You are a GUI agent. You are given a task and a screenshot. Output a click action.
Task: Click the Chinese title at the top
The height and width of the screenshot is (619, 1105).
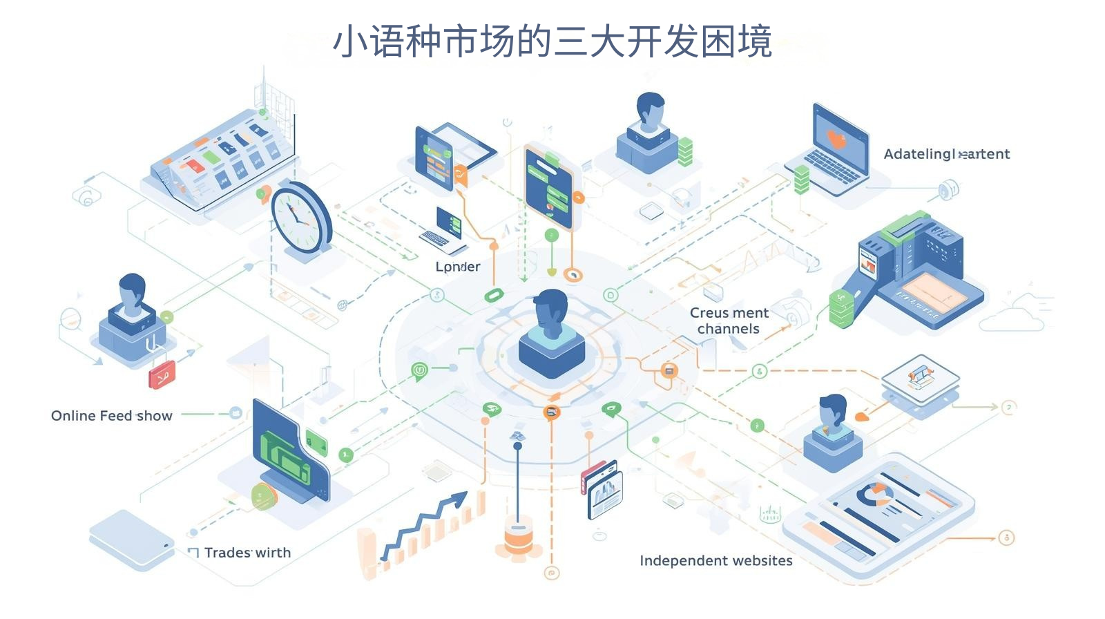click(552, 41)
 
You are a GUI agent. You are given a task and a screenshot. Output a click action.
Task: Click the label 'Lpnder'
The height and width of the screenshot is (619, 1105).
click(457, 267)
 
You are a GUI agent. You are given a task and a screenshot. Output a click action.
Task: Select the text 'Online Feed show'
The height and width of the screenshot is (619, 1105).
click(112, 416)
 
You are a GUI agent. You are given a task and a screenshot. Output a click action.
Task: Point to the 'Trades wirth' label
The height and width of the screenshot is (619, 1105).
click(247, 553)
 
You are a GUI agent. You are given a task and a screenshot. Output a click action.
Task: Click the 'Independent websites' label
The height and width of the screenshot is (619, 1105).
click(715, 561)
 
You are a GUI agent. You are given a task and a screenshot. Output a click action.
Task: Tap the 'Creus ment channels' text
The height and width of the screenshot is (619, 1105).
click(729, 321)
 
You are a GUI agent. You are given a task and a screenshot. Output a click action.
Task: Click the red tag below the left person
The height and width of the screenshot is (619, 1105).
click(162, 375)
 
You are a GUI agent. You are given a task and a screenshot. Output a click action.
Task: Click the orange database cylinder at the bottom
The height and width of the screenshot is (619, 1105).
click(518, 537)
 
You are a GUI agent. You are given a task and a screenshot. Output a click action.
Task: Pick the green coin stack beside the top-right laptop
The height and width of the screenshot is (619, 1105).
click(801, 180)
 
